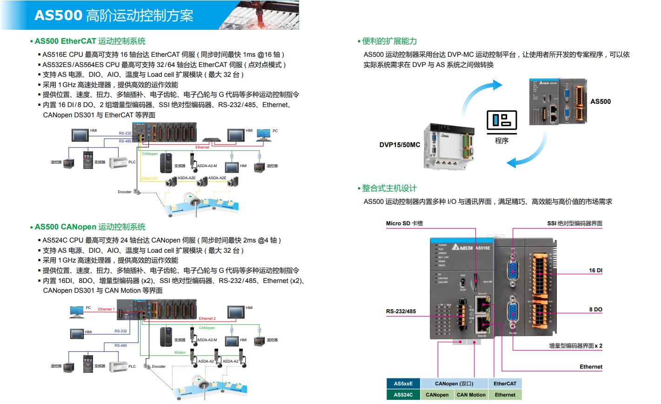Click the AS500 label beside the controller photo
point(600,101)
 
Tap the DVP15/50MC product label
point(400,145)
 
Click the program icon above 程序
point(501,121)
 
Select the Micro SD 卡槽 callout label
point(404,223)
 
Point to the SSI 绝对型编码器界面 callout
point(574,223)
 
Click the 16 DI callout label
point(595,270)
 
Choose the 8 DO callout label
point(595,310)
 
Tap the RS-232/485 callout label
point(401,311)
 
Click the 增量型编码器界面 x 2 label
point(575,346)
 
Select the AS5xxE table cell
point(403,384)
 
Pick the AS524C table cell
point(403,395)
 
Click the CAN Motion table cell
point(471,395)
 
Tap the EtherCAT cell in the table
point(505,384)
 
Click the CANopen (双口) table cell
point(454,384)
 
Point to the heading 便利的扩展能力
point(389,41)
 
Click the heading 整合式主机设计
point(389,189)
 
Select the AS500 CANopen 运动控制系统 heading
point(90,227)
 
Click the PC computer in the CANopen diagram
point(76,311)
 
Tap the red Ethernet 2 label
point(207,319)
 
